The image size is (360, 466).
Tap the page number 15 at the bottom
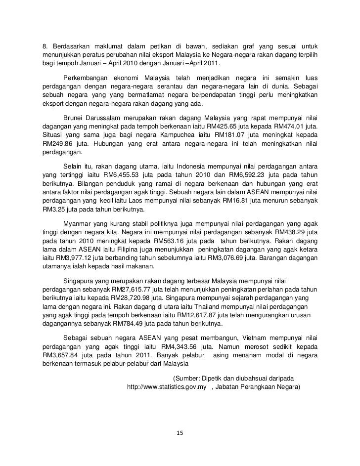tap(180, 433)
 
